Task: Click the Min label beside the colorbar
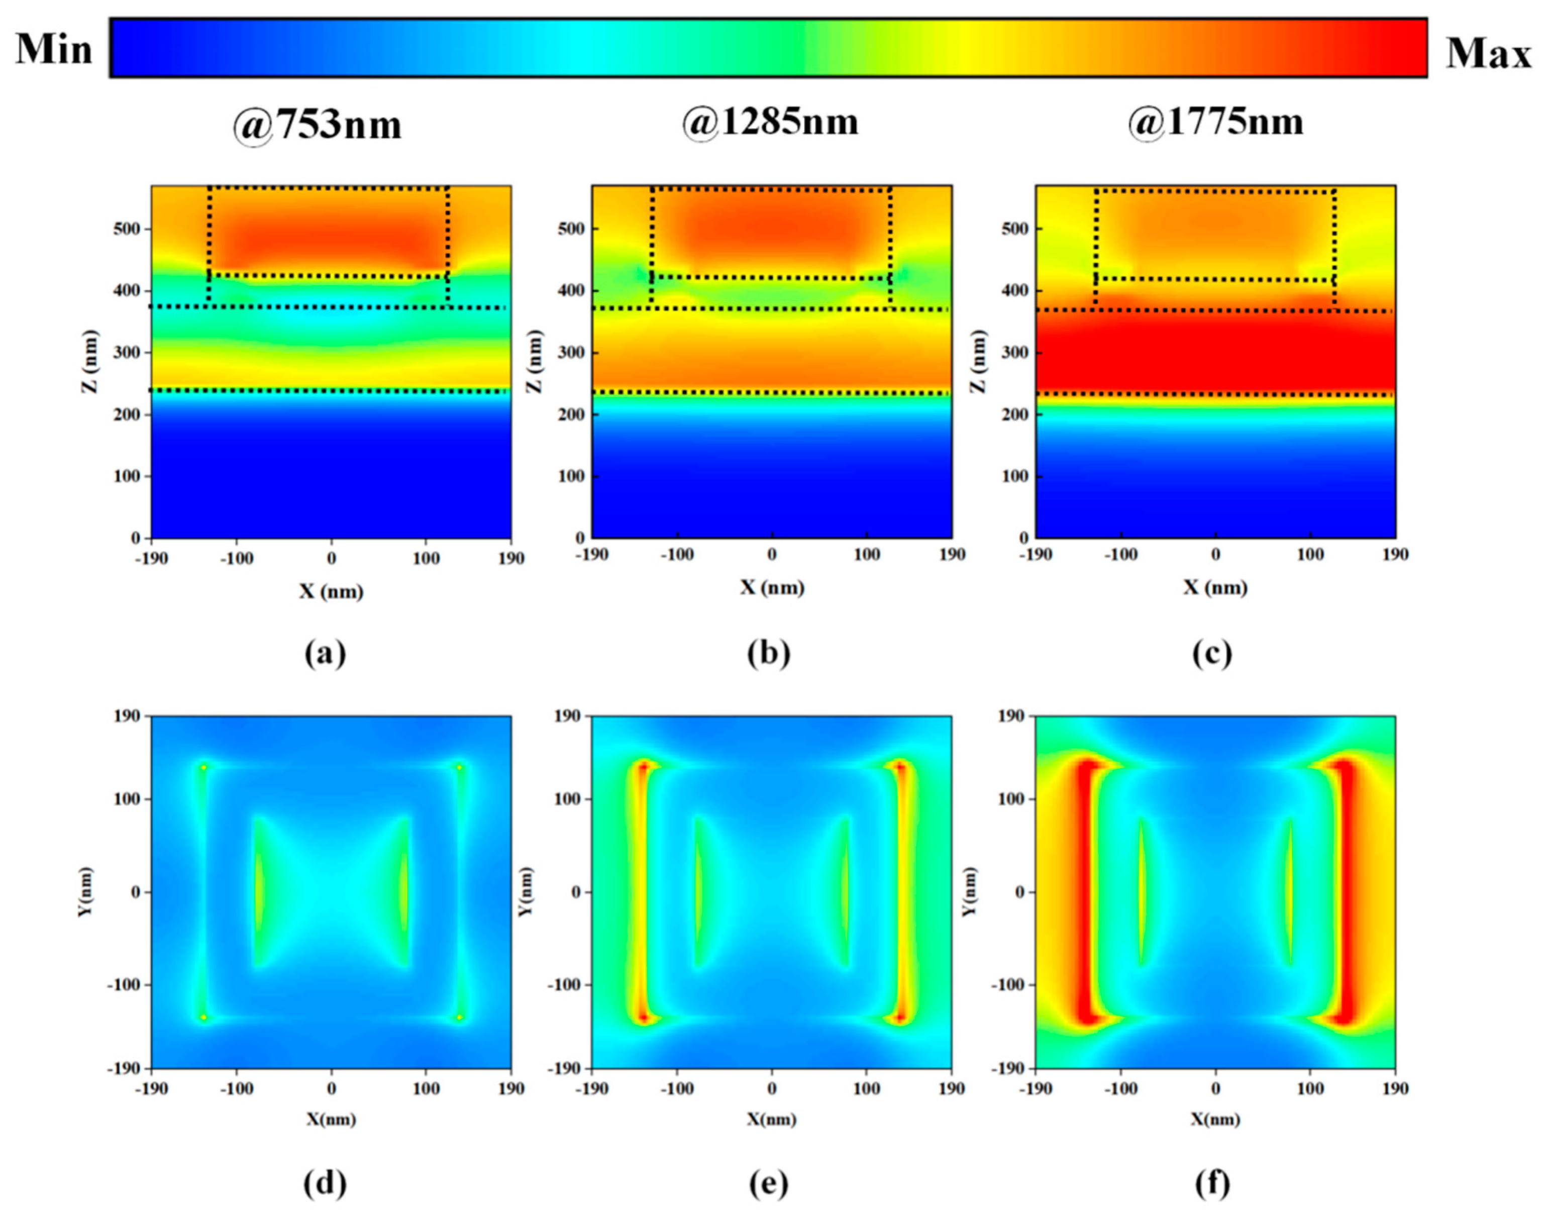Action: pos(54,50)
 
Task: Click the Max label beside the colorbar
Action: pos(1488,53)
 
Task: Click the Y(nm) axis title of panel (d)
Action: pos(86,891)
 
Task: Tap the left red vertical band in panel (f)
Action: pos(1085,892)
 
